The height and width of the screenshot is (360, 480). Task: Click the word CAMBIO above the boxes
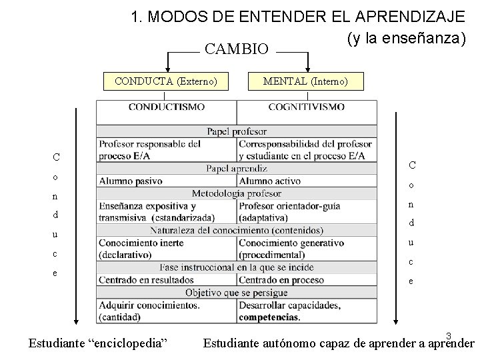[236, 49]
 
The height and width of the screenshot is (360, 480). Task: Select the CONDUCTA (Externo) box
[166, 81]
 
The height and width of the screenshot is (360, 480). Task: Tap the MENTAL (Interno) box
[305, 81]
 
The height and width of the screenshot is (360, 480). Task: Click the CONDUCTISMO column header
[166, 107]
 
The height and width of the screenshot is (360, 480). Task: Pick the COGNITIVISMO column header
[306, 107]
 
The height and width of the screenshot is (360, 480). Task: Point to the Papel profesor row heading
[236, 131]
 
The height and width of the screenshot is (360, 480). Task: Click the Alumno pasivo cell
[131, 181]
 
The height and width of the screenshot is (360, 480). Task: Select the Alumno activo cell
[269, 181]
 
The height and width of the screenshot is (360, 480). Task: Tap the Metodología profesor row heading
[236, 193]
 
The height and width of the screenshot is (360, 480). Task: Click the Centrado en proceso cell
[281, 280]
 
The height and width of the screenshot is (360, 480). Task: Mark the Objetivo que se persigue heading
[236, 293]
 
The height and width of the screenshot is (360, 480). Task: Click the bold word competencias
[269, 317]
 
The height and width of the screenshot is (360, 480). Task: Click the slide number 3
[449, 335]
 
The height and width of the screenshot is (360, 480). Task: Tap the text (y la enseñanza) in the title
[405, 38]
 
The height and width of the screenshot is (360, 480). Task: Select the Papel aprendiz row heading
[236, 169]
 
